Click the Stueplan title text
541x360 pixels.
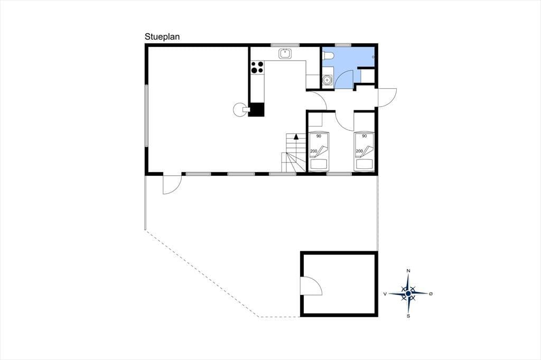162,37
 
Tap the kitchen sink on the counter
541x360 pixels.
285,54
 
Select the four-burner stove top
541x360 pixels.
257,67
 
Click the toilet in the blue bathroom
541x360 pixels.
328,56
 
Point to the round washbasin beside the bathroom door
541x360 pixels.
327,80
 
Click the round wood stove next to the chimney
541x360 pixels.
239,110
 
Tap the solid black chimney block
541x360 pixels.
257,110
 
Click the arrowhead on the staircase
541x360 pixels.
296,137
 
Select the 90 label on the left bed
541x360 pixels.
319,136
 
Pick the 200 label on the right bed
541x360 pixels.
359,151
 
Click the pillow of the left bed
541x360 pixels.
319,164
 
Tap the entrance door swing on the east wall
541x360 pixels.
387,98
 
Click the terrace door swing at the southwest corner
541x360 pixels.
172,185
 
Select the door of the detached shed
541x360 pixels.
311,286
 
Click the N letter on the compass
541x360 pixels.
408,271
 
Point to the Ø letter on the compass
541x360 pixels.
431,294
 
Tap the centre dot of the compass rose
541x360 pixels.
408,293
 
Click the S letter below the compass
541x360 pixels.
408,316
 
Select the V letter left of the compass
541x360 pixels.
385,294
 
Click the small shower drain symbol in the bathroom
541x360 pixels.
374,56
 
